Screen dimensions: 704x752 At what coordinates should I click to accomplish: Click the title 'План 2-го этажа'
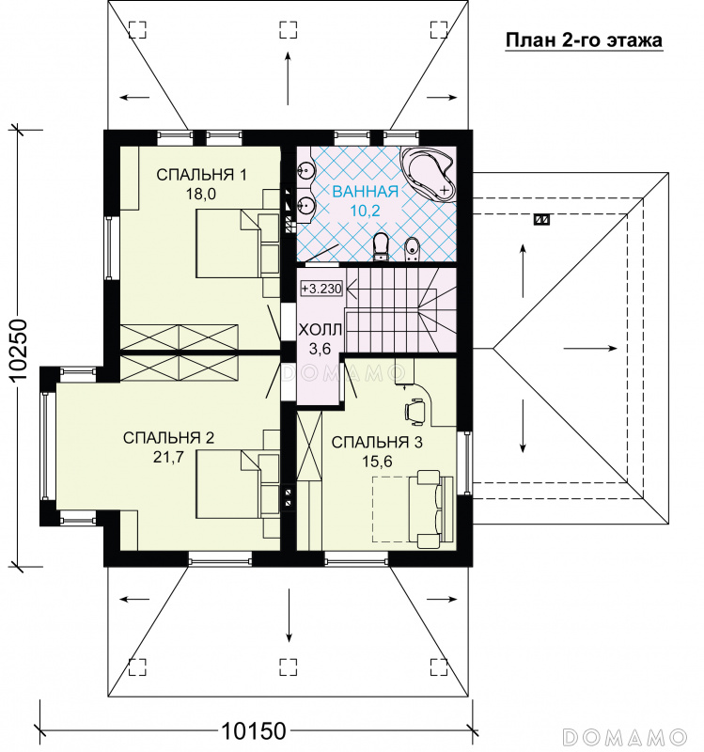(584, 40)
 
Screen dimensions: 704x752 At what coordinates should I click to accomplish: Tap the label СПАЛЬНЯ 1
(201, 175)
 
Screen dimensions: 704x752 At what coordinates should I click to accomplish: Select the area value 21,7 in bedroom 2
(168, 457)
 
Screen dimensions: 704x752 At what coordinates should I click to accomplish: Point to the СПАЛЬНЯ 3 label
(377, 442)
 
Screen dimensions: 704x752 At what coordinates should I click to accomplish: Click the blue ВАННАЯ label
(366, 192)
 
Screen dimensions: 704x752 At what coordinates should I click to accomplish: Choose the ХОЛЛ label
(321, 330)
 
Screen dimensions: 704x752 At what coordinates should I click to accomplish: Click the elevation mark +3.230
(321, 289)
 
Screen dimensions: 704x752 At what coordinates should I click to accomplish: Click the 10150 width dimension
(253, 731)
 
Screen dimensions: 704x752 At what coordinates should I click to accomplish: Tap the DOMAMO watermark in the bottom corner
(625, 736)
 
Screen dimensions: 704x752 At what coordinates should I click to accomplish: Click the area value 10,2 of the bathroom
(365, 211)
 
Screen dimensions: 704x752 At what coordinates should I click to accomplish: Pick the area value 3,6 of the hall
(320, 349)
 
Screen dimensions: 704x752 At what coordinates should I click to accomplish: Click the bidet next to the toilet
(412, 249)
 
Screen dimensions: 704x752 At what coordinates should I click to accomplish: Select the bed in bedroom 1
(238, 243)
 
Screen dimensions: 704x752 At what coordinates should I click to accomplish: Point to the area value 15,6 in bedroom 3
(377, 462)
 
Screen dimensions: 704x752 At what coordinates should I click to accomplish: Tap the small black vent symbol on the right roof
(542, 220)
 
